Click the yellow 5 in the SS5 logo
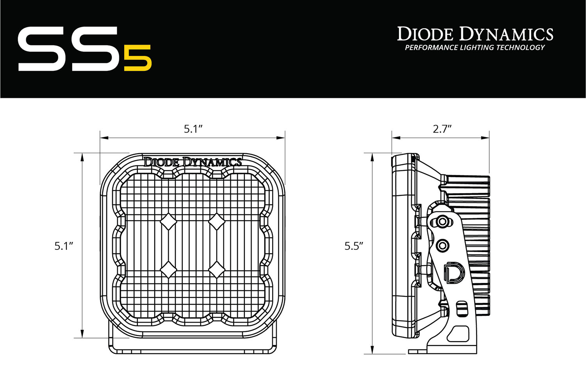(138, 58)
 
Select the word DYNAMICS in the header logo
(506, 34)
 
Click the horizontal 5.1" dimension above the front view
(193, 129)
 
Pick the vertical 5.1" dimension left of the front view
(64, 246)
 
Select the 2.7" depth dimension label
(442, 129)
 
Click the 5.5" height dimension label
(354, 246)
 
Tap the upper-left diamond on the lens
(168, 222)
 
